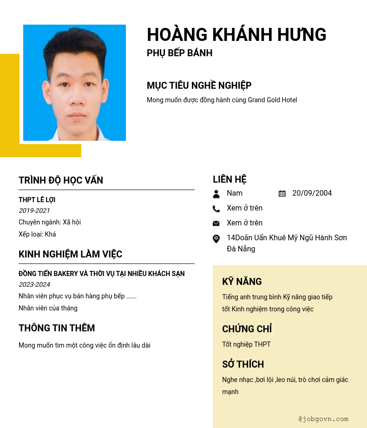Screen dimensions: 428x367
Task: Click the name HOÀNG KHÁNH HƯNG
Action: click(236, 35)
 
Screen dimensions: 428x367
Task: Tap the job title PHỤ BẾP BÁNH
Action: click(179, 53)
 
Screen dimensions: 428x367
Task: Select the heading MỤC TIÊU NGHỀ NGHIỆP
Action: click(199, 86)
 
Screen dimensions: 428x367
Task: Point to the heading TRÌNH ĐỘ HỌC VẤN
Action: click(61, 180)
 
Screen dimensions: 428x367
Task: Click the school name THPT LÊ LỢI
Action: click(37, 200)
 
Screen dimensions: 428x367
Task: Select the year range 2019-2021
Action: click(34, 211)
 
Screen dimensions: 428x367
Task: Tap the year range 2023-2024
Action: click(34, 284)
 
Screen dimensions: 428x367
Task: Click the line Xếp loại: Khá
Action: click(37, 234)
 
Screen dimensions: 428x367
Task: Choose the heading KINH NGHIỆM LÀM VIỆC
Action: click(71, 254)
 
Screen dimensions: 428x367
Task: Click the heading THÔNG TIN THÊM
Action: click(57, 328)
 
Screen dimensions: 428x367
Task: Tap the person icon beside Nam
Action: click(216, 194)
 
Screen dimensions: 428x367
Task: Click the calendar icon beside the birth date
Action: click(282, 193)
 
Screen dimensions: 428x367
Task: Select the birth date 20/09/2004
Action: click(312, 193)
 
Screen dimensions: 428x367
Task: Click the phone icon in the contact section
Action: click(216, 209)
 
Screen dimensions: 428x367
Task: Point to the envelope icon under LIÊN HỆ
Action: click(216, 224)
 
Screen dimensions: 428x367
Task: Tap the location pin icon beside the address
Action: click(216, 238)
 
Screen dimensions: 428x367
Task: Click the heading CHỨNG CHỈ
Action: click(247, 329)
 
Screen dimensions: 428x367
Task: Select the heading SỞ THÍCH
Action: click(243, 364)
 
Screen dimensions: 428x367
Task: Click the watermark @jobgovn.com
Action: click(323, 419)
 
